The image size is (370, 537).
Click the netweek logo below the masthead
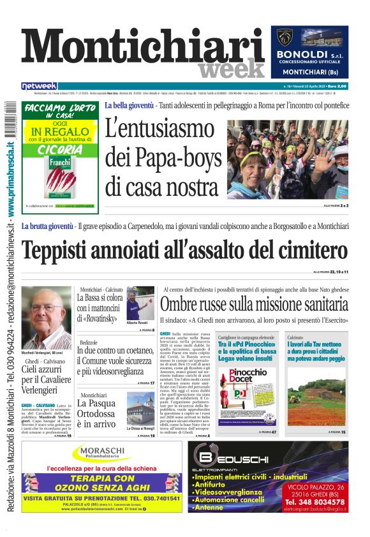click(x=39, y=86)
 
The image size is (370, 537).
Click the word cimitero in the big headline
click(x=306, y=249)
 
